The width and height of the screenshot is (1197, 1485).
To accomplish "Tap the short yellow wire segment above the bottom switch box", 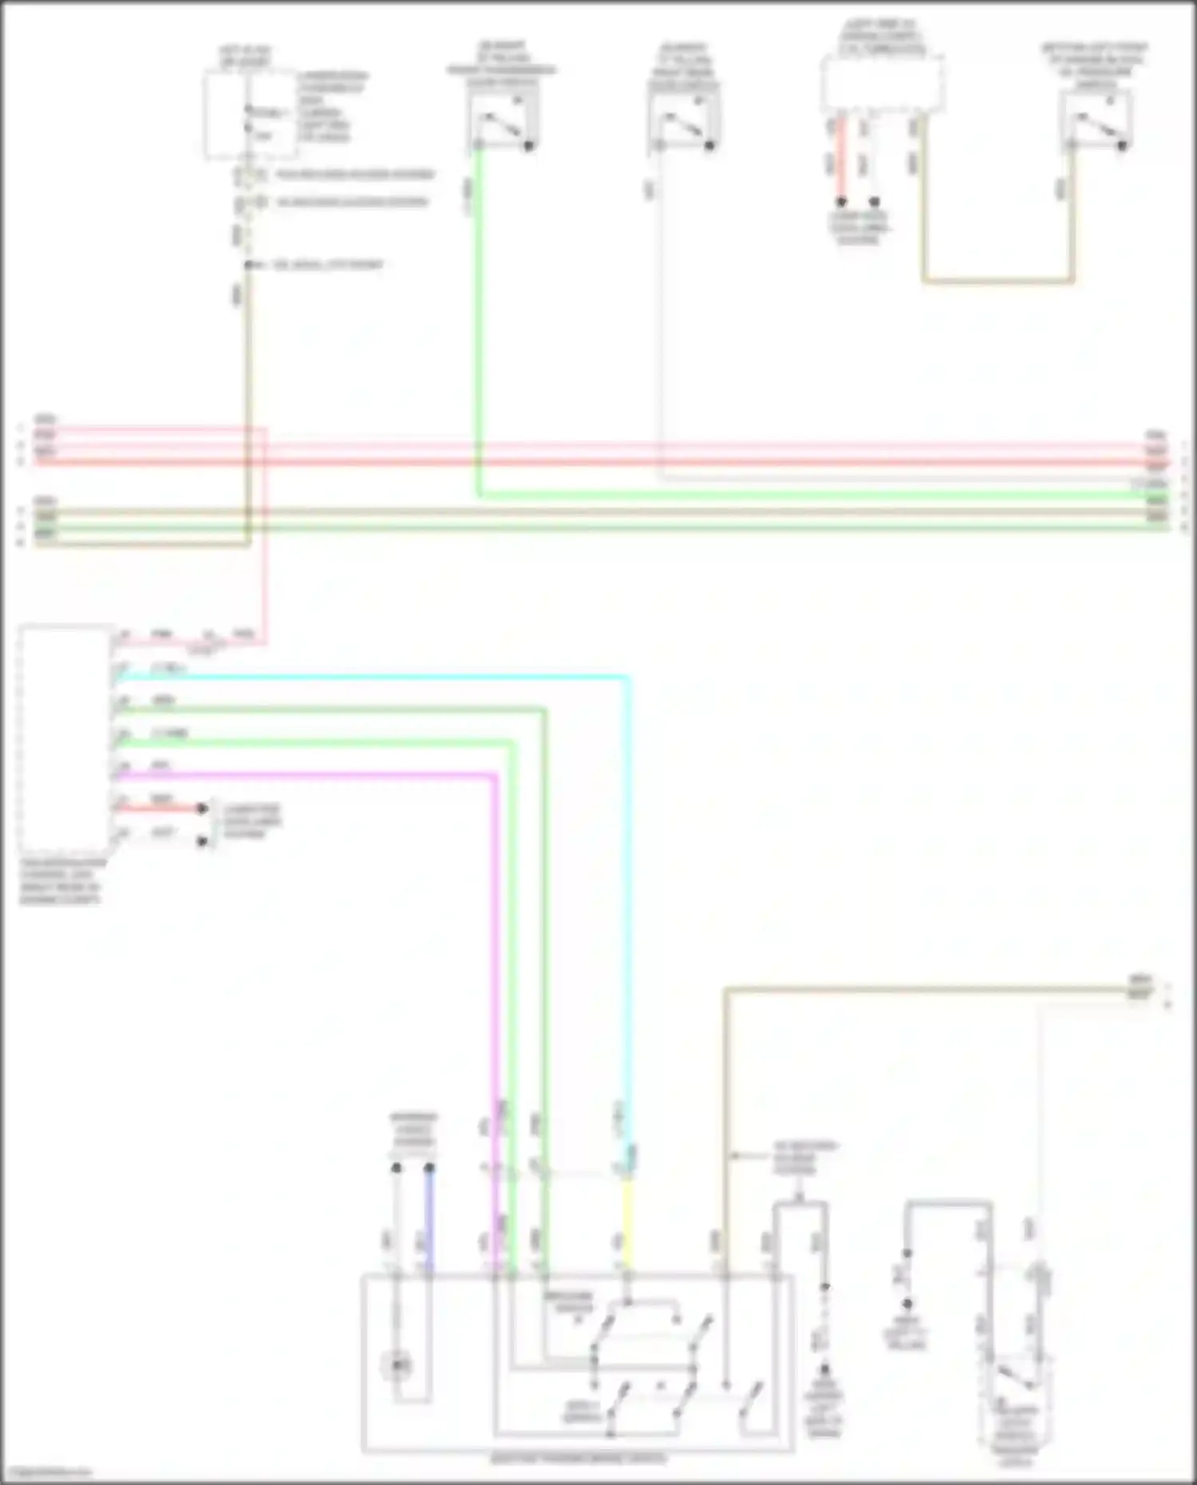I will tap(627, 1221).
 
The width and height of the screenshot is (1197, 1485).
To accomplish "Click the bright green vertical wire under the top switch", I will tap(478, 319).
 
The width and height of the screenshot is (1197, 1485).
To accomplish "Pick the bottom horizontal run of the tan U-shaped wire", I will tap(997, 281).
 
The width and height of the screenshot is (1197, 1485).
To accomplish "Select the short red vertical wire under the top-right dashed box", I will tap(840, 160).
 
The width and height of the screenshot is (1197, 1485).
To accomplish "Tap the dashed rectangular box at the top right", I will tap(882, 84).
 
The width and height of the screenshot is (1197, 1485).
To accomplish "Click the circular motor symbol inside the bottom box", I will tap(397, 1367).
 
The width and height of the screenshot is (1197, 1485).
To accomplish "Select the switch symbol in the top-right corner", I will tap(1096, 124).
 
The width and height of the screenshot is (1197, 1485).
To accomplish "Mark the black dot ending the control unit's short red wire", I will tap(203, 808).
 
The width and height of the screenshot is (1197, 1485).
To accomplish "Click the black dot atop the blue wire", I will tap(429, 1168).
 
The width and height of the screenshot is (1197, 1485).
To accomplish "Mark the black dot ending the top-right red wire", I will tap(840, 202).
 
